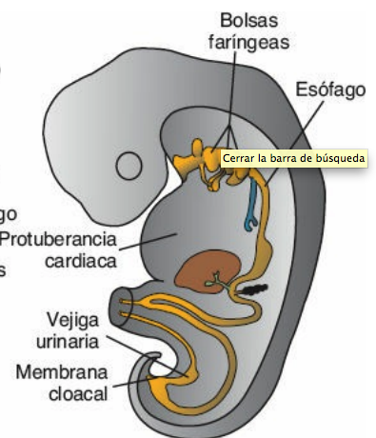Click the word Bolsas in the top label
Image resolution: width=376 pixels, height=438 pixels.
click(x=250, y=19)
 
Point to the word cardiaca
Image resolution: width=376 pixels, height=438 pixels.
click(x=83, y=260)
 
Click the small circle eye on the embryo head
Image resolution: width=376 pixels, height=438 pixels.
click(x=129, y=167)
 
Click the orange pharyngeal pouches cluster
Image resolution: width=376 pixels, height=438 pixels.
click(x=201, y=158)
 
